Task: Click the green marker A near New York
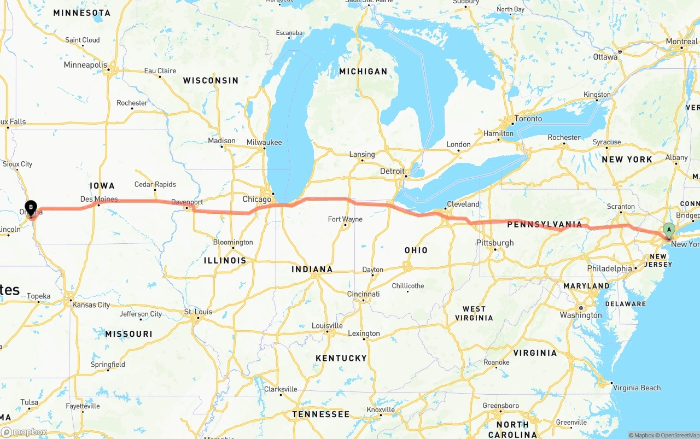pyautogui.click(x=668, y=230)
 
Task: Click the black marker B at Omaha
pyautogui.click(x=31, y=207)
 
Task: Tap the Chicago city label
pyautogui.click(x=256, y=200)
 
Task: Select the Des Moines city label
pyautogui.click(x=99, y=199)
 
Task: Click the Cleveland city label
pyautogui.click(x=463, y=204)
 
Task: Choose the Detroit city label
pyautogui.click(x=392, y=171)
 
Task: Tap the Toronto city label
pyautogui.click(x=528, y=119)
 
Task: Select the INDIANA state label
pyautogui.click(x=312, y=269)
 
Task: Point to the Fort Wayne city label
pyautogui.click(x=345, y=219)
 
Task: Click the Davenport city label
pyautogui.click(x=187, y=202)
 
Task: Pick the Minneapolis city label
pyautogui.click(x=86, y=65)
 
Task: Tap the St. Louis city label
pyautogui.click(x=198, y=312)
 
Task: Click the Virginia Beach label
pyautogui.click(x=637, y=388)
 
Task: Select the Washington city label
pyautogui.click(x=580, y=315)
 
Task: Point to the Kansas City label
pyautogui.click(x=91, y=305)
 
